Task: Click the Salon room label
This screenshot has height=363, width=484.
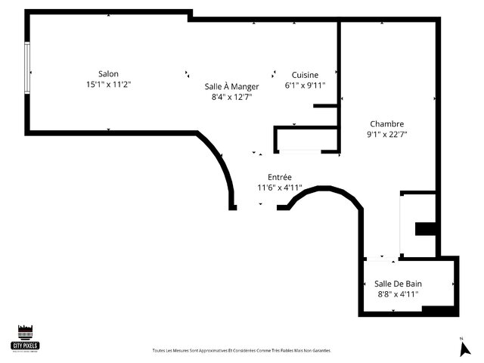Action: [108, 73]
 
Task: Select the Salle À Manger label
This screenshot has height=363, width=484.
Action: [231, 86]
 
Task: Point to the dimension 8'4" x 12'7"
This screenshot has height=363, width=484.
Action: [231, 97]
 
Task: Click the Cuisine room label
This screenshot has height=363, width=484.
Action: [305, 74]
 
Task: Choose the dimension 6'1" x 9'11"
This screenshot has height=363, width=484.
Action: [305, 85]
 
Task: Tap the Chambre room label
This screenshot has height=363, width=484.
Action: [386, 124]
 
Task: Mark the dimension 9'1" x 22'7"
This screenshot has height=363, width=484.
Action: [386, 135]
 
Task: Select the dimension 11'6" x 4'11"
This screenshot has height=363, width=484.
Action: [280, 188]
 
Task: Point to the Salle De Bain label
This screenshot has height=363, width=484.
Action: [398, 284]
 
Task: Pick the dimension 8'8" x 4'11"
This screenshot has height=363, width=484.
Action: [398, 294]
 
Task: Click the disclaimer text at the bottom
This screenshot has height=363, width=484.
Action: [242, 351]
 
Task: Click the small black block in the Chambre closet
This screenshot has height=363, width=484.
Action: [426, 229]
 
